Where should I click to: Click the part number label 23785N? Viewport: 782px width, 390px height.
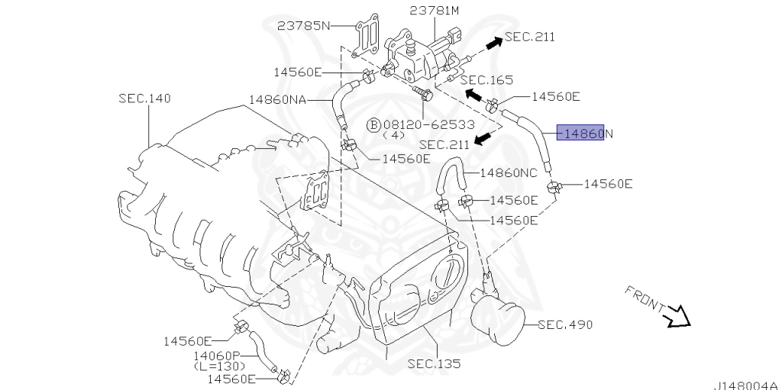[304, 25]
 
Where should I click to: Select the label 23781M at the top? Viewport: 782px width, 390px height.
[435, 10]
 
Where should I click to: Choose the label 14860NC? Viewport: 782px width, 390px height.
[509, 172]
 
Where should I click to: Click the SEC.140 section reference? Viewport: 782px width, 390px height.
[144, 98]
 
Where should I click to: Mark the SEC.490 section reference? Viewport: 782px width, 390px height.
[565, 324]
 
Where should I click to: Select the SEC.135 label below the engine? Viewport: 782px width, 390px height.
[434, 364]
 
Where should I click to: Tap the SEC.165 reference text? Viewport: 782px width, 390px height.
[486, 79]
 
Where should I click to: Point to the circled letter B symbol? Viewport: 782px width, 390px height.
[373, 124]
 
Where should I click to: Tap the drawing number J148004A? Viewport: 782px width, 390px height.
[746, 384]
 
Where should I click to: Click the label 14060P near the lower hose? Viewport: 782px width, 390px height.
[217, 356]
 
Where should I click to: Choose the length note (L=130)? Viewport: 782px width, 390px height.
[219, 366]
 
